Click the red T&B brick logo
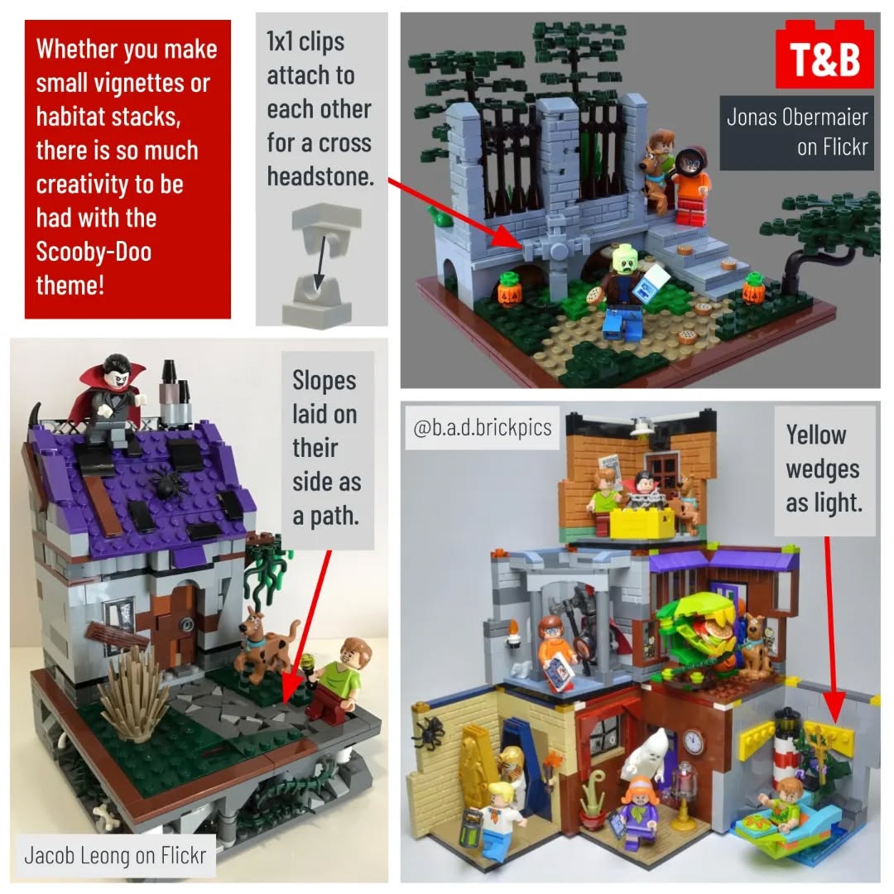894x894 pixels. (824, 54)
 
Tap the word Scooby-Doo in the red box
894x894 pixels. (94, 252)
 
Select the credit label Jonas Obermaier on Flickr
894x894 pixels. (796, 132)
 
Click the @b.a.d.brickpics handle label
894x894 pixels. (483, 427)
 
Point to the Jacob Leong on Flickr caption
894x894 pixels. (114, 855)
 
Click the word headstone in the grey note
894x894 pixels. (320, 176)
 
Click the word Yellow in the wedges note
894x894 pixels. (816, 435)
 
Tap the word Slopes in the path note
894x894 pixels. (324, 380)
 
